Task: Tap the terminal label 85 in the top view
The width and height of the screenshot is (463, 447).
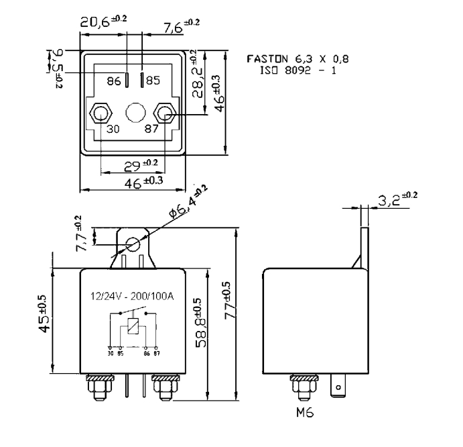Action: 153,81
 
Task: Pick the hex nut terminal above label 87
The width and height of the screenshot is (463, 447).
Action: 163,112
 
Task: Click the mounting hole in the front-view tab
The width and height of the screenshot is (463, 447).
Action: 133,245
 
